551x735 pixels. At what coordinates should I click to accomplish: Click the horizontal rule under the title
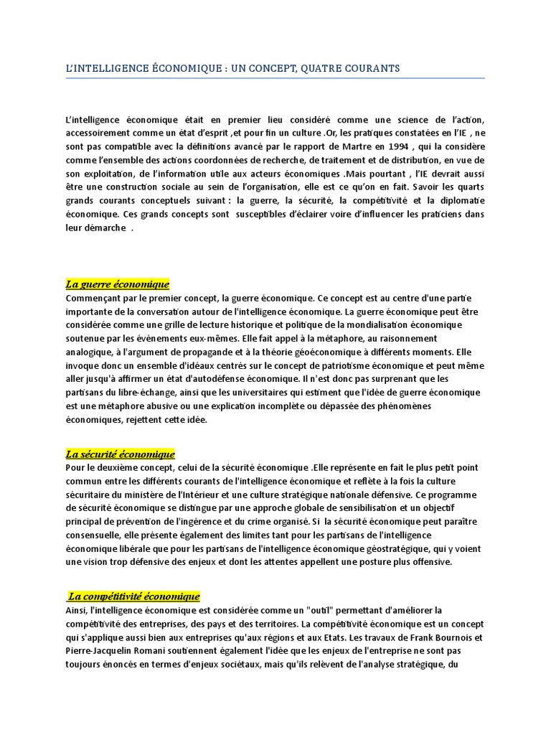coord(275,78)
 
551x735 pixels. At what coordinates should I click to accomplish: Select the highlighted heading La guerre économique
coord(117,284)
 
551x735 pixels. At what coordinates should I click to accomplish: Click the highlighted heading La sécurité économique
coord(120,454)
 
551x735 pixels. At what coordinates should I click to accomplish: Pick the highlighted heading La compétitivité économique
coord(133,596)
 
